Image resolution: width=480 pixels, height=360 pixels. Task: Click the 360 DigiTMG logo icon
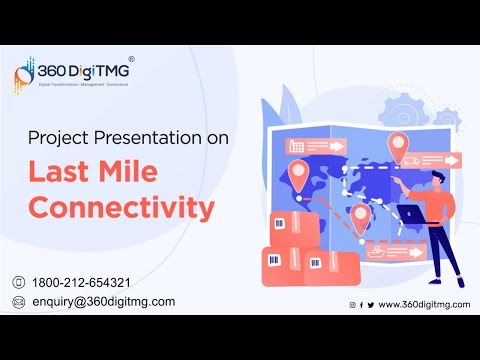(28, 75)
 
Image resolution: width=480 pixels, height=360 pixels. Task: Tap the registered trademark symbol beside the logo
(132, 59)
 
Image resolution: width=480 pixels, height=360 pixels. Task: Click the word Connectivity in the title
(121, 207)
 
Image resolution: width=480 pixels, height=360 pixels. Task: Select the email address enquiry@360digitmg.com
(103, 301)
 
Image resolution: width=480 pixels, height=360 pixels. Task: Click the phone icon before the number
(18, 282)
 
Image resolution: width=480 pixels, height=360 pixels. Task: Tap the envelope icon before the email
(18, 302)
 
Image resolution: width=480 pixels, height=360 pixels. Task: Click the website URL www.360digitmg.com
(424, 304)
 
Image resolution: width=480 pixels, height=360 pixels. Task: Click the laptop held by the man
(413, 213)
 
